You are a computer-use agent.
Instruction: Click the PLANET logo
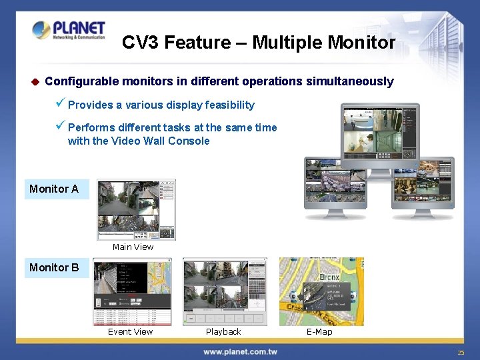point(68,31)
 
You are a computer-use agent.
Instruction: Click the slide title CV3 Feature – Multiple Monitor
point(259,43)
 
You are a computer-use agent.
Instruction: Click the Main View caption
point(133,247)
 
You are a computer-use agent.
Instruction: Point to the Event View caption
point(130,332)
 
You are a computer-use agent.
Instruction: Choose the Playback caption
point(223,332)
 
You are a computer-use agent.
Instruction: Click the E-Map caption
point(319,332)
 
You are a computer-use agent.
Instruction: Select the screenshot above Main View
point(137,209)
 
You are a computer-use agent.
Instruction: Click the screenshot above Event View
point(133,291)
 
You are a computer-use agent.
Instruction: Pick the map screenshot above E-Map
point(321,291)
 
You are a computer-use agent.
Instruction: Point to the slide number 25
point(461,352)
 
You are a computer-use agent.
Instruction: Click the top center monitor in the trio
point(379,133)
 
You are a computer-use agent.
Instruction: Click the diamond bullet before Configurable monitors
point(35,82)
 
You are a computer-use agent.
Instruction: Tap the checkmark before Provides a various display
point(60,105)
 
